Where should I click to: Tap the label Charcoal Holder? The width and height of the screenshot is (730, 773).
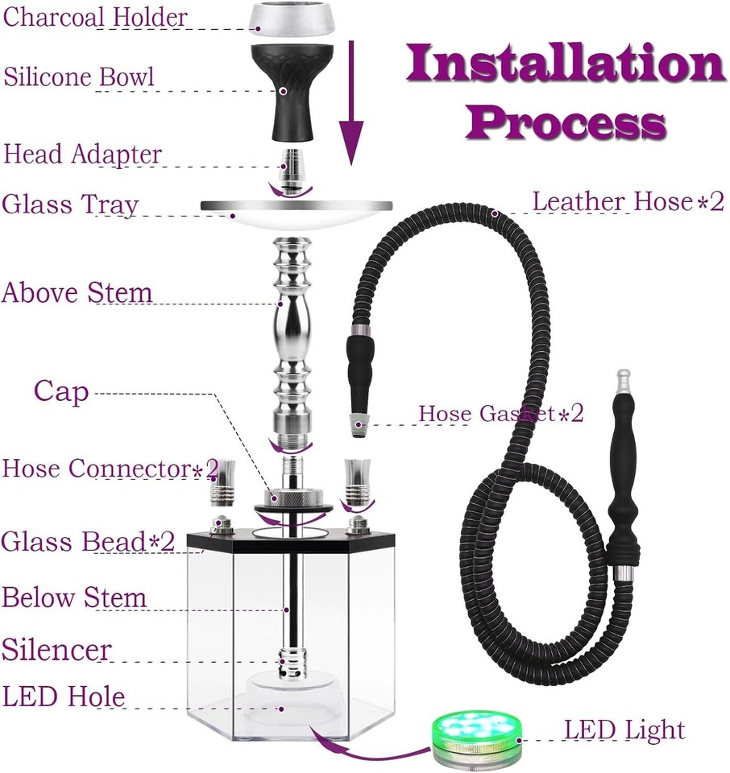pyautogui.click(x=96, y=17)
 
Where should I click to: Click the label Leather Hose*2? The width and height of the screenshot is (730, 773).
pyautogui.click(x=629, y=201)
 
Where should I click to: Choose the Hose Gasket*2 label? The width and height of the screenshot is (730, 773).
pyautogui.click(x=500, y=414)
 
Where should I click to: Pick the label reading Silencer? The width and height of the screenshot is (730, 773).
pyautogui.click(x=56, y=649)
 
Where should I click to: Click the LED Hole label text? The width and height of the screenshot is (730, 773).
pyautogui.click(x=64, y=697)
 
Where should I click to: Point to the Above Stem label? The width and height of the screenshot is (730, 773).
pyautogui.click(x=77, y=293)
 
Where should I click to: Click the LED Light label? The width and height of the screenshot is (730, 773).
pyautogui.click(x=624, y=731)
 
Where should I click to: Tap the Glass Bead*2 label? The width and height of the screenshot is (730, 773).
pyautogui.click(x=88, y=542)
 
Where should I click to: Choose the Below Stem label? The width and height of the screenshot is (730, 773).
pyautogui.click(x=74, y=598)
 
